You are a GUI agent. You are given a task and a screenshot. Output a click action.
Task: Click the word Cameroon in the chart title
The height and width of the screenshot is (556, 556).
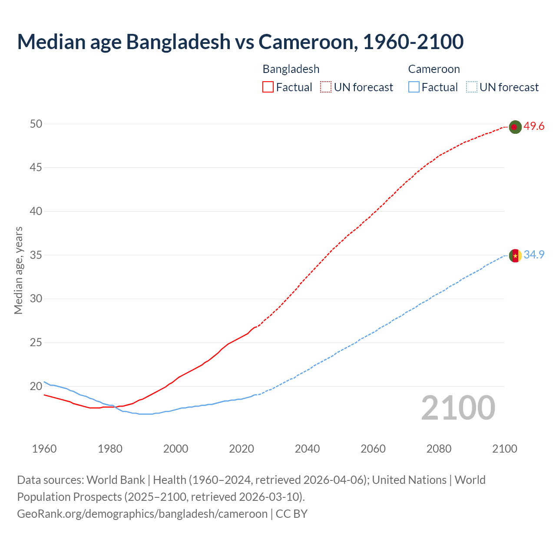click(x=307, y=42)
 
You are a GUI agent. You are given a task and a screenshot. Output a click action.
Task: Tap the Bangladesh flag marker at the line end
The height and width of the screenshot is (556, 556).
click(x=515, y=127)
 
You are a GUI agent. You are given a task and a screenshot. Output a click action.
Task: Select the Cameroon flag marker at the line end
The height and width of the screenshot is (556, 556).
click(x=515, y=255)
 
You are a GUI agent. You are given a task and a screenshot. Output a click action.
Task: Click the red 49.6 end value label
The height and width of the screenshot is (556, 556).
click(x=534, y=126)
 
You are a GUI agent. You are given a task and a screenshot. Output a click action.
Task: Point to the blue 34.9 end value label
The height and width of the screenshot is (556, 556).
click(x=534, y=255)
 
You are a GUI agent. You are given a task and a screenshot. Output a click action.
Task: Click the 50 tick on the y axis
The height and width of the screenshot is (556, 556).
click(x=36, y=124)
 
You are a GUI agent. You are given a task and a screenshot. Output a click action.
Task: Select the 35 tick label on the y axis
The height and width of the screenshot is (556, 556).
click(x=36, y=255)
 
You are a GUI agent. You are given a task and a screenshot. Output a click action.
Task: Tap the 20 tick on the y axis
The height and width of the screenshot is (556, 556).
click(x=36, y=386)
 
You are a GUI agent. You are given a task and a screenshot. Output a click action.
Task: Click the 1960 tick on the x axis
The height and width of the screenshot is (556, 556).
click(x=44, y=449)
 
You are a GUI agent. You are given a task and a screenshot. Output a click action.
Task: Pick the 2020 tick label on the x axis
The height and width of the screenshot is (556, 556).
click(x=242, y=449)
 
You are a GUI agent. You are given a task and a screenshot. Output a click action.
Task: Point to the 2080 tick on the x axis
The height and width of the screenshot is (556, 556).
click(x=439, y=449)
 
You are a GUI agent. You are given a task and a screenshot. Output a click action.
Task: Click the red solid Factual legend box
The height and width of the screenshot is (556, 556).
click(x=268, y=87)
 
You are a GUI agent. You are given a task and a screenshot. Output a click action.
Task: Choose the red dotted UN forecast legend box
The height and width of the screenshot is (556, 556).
click(x=326, y=87)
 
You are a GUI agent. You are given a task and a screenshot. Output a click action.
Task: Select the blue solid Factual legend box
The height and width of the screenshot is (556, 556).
click(x=414, y=87)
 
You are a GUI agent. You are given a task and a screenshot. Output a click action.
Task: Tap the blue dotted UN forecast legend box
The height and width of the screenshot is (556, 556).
click(x=471, y=87)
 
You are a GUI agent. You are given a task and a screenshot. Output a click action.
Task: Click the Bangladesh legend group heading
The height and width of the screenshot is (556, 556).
click(x=291, y=69)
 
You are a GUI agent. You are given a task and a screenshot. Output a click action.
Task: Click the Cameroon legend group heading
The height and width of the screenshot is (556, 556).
click(x=434, y=69)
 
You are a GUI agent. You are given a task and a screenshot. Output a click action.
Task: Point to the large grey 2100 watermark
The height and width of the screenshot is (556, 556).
click(x=458, y=408)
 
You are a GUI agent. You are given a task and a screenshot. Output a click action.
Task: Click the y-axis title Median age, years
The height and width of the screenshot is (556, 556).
click(x=18, y=270)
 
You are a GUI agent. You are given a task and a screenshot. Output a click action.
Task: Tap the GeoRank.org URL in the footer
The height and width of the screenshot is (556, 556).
click(x=142, y=514)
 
